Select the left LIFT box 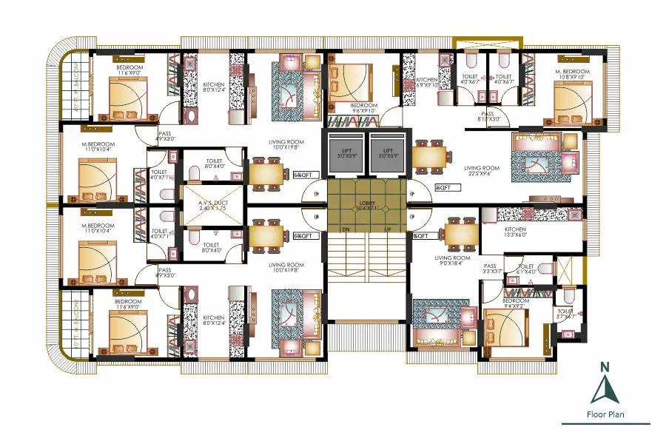(346, 153)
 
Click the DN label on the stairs (345, 229)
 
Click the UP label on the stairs (388, 229)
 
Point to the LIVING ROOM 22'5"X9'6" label (482, 171)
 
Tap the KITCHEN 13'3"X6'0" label (515, 232)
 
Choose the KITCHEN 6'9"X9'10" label (427, 83)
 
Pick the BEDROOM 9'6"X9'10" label (363, 108)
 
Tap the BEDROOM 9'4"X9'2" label (515, 304)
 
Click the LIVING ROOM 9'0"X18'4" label (453, 260)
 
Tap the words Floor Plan (605, 414)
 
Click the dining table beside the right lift (431, 156)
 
